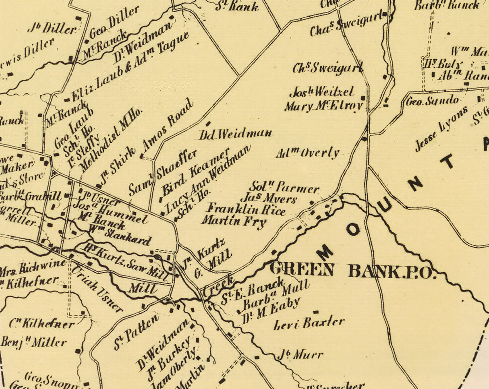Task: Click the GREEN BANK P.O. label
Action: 353,270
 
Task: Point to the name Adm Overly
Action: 308,153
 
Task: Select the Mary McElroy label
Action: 324,106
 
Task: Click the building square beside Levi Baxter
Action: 316,312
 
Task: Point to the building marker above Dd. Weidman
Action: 208,123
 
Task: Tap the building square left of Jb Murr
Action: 257,357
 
